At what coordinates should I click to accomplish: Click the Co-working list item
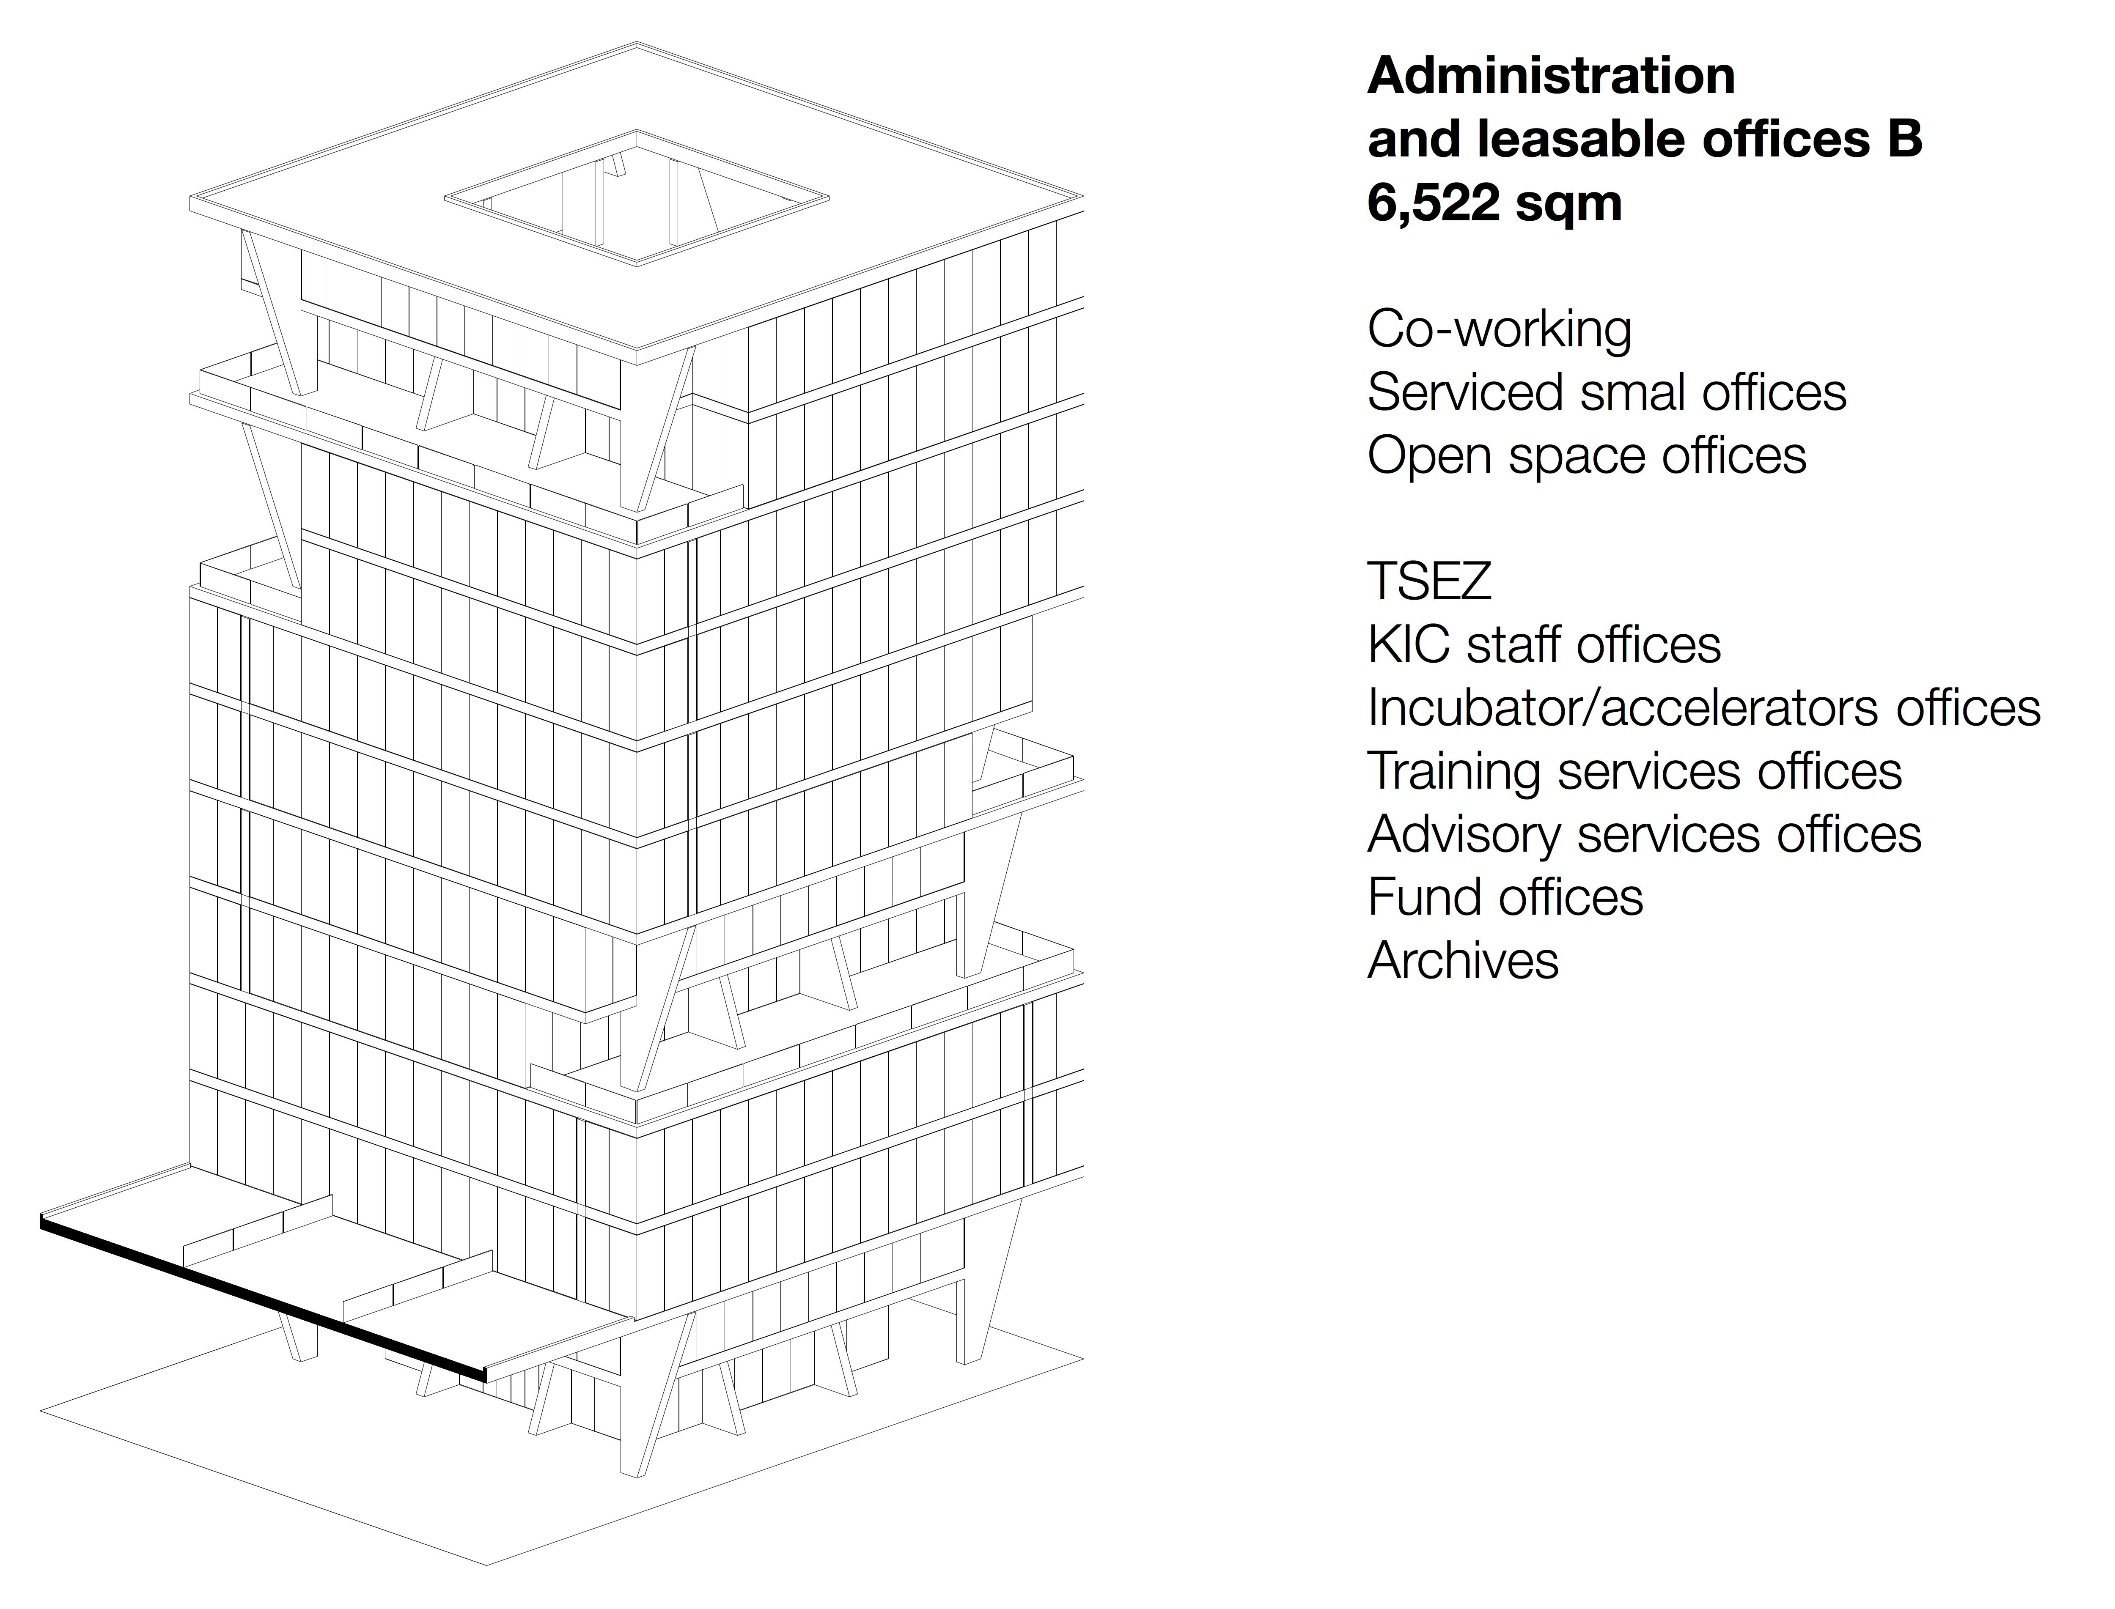click(x=1499, y=329)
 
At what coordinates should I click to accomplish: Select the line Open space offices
click(x=1586, y=456)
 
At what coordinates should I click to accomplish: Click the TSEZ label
click(x=1429, y=581)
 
